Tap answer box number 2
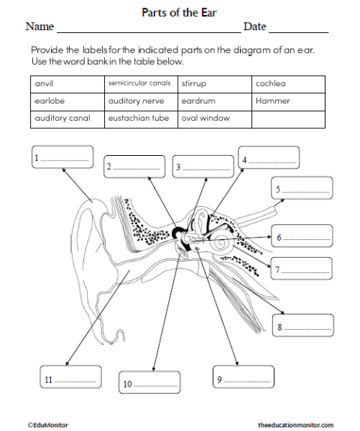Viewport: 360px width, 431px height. pyautogui.click(x=133, y=166)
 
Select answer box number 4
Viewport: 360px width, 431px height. pyautogui.click(x=268, y=158)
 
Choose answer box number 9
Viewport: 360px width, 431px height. pyautogui.click(x=242, y=379)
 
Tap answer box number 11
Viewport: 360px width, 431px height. pyautogui.click(x=68, y=379)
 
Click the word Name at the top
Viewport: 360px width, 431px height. pyautogui.click(x=40, y=27)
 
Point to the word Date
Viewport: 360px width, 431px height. pyautogui.click(x=255, y=27)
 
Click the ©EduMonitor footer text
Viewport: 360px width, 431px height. pyautogui.click(x=44, y=424)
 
